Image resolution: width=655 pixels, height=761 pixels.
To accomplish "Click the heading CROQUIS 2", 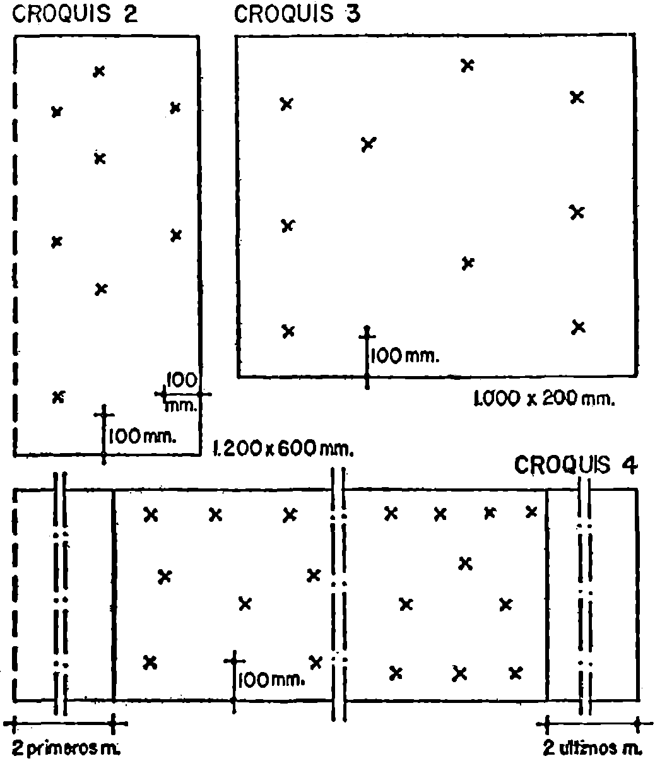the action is point(75,14).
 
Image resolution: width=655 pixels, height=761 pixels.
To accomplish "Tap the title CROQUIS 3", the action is point(297,14).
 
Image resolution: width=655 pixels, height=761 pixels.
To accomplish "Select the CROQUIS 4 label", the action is point(575,465).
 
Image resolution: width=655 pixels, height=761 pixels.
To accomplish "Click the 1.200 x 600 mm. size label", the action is point(283,449).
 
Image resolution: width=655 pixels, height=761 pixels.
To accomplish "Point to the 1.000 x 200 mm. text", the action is point(544,398).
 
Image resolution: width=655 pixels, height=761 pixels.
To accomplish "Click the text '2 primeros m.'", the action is point(66,748).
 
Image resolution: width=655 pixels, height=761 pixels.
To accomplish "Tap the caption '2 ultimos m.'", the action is point(593,748).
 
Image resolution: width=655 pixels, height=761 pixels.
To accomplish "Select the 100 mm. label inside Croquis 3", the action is point(405,356).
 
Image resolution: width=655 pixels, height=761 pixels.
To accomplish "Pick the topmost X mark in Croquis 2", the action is point(99,71).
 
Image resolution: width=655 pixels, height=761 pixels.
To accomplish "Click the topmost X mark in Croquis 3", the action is point(468,66).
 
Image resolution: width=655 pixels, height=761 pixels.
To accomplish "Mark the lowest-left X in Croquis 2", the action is point(59,397).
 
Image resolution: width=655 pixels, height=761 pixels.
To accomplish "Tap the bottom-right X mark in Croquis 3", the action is point(579,327).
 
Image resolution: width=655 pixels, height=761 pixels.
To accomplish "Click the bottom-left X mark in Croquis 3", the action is point(288,331).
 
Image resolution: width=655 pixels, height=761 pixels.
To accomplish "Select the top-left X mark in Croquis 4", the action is point(151,515).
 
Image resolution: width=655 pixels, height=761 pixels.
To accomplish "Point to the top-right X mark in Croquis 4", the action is point(531,512).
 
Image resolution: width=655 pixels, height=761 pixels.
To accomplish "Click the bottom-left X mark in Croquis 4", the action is point(150,663).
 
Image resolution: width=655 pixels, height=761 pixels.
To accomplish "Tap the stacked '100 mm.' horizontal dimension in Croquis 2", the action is point(182,392).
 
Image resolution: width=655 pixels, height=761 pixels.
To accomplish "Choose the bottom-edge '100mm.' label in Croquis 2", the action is point(142,437).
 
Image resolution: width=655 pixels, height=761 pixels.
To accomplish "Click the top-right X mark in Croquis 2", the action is point(175,108).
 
